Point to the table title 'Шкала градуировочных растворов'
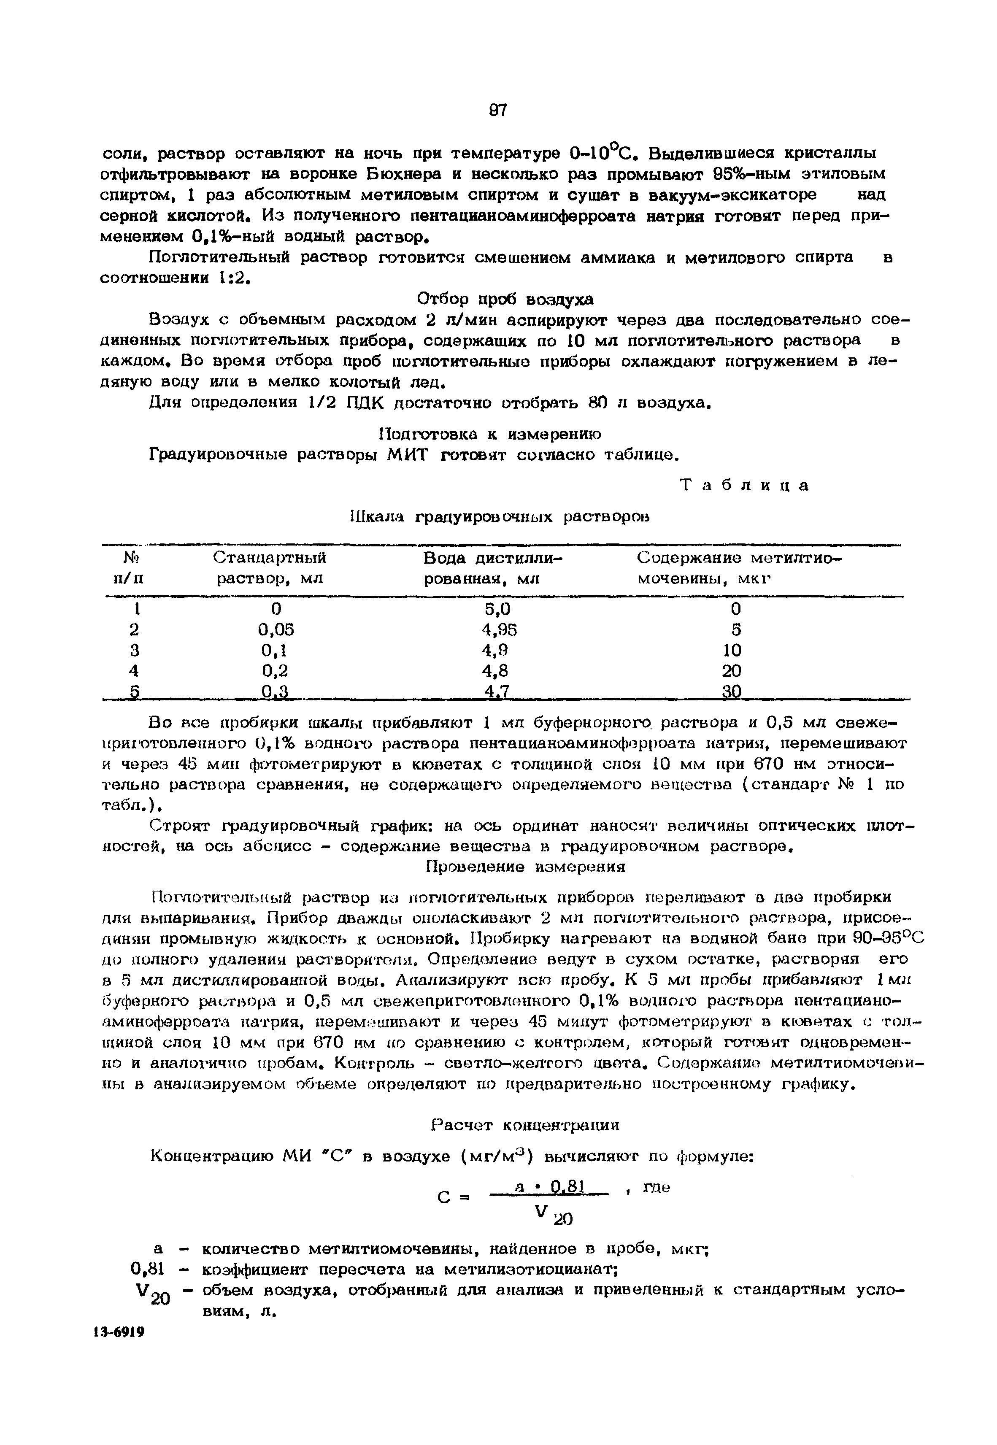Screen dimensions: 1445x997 (x=498, y=517)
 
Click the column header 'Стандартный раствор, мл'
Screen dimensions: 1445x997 (x=270, y=567)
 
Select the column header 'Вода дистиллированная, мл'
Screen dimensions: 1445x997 (x=492, y=567)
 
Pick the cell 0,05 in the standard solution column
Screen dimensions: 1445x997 (x=276, y=629)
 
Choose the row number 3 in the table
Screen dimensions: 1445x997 (x=134, y=650)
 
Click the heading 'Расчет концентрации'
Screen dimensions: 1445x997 (x=525, y=1125)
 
